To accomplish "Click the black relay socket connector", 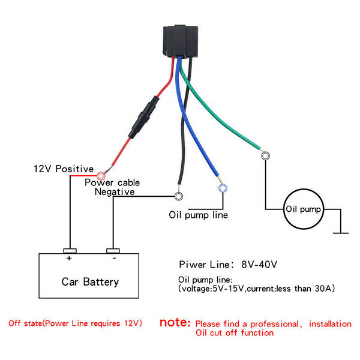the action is (x=181, y=41).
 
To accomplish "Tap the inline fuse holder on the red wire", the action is (x=143, y=118).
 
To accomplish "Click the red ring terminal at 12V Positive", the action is (x=101, y=176).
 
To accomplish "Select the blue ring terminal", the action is (x=223, y=188).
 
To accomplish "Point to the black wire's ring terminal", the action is (x=179, y=196).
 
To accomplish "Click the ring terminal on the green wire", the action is (x=265, y=155).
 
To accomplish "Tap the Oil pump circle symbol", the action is (x=304, y=209).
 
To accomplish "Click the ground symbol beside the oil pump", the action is (x=341, y=233).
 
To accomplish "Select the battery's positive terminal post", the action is (x=70, y=251).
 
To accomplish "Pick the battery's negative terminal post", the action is (x=113, y=251).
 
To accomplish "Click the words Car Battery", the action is (x=90, y=282).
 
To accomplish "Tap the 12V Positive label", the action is (x=64, y=169).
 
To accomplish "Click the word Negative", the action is (x=115, y=192).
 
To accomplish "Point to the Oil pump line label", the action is (x=199, y=215).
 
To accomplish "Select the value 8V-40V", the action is (x=259, y=265).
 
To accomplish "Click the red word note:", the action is (x=175, y=322).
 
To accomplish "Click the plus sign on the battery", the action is (x=69, y=258).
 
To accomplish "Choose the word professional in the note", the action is (x=275, y=324).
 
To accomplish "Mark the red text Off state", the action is (x=25, y=323).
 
